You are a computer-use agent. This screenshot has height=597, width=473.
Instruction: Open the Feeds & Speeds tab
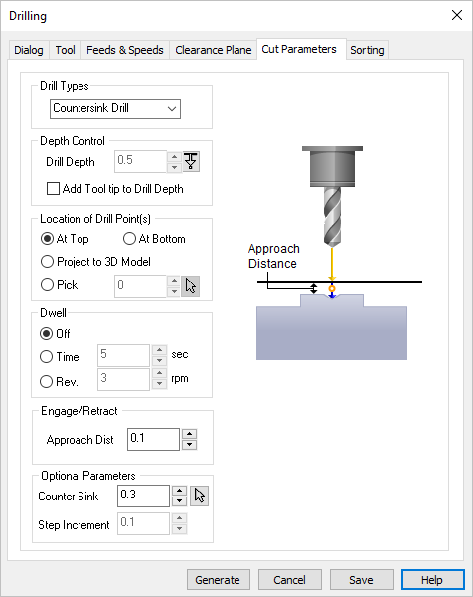coord(124,50)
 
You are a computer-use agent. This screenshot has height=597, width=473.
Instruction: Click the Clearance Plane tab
coord(213,50)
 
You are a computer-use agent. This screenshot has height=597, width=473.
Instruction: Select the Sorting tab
coord(367,50)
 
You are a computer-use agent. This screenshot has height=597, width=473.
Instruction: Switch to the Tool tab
coord(66,50)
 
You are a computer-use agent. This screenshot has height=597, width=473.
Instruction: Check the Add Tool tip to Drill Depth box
coord(55,189)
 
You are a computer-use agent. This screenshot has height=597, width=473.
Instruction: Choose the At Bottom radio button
coord(129,239)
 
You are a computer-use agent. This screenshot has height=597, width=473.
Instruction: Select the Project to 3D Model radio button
coord(47,262)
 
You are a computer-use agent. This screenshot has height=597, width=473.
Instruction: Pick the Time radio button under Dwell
coord(47,355)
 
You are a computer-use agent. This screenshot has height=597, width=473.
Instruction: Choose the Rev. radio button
coord(47,379)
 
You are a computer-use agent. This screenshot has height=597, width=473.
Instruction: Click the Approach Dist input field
coord(152,439)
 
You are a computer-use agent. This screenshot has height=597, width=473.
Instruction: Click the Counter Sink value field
coord(141,496)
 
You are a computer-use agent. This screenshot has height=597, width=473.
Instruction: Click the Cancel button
coord(289,580)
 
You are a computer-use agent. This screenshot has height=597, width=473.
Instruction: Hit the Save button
coord(361,580)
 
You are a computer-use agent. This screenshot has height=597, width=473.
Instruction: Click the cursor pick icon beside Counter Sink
coord(199,496)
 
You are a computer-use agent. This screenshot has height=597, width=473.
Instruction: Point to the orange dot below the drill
coord(332,288)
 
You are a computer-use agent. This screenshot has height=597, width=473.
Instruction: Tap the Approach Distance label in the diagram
coord(273,256)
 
